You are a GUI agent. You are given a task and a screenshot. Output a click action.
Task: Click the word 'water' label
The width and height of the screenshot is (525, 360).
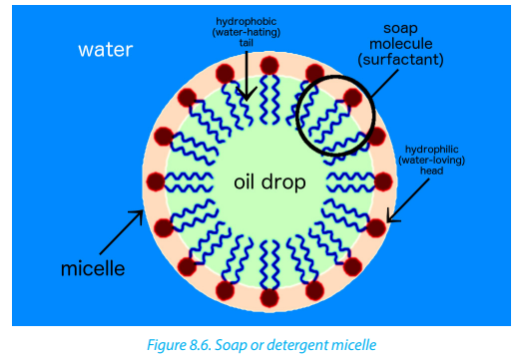[x=106, y=50]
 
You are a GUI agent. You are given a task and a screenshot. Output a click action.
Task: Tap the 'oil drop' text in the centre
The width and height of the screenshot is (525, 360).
[x=269, y=182]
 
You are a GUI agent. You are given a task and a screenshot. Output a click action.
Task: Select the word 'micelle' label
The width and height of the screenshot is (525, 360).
[x=93, y=268]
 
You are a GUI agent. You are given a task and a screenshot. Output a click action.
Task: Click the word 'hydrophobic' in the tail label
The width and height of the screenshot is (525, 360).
[x=247, y=21]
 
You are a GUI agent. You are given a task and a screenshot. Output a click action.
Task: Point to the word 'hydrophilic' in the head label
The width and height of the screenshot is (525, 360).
[x=432, y=150]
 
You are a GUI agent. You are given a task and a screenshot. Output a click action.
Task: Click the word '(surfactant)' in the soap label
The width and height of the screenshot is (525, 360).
[x=400, y=60]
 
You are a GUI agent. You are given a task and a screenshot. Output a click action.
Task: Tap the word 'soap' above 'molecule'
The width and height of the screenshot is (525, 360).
[x=400, y=28]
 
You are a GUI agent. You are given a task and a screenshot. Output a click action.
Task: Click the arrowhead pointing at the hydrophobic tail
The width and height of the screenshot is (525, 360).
[x=247, y=95]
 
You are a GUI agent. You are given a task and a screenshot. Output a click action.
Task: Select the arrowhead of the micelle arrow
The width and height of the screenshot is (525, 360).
[x=139, y=215]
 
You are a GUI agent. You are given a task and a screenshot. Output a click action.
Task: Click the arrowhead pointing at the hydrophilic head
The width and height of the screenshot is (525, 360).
[x=391, y=216]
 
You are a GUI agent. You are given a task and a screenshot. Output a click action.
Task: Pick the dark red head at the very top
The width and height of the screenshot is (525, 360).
[x=269, y=65]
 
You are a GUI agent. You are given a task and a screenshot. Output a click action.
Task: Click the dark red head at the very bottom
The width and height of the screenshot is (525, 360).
[x=269, y=297]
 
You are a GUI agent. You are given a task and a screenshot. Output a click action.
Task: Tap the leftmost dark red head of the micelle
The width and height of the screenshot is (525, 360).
[x=156, y=181]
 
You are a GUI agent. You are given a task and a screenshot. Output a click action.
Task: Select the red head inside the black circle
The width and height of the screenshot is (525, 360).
[x=352, y=98]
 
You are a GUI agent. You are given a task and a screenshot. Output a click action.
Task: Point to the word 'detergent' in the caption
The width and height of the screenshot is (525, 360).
[x=297, y=345]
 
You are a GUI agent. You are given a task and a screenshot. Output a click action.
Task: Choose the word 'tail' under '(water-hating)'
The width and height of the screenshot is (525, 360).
[x=247, y=43]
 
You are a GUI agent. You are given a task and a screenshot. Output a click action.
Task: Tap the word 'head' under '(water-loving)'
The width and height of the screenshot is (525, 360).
[x=432, y=171]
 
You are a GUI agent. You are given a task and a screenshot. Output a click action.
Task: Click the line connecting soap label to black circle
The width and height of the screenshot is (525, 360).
[x=384, y=84]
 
